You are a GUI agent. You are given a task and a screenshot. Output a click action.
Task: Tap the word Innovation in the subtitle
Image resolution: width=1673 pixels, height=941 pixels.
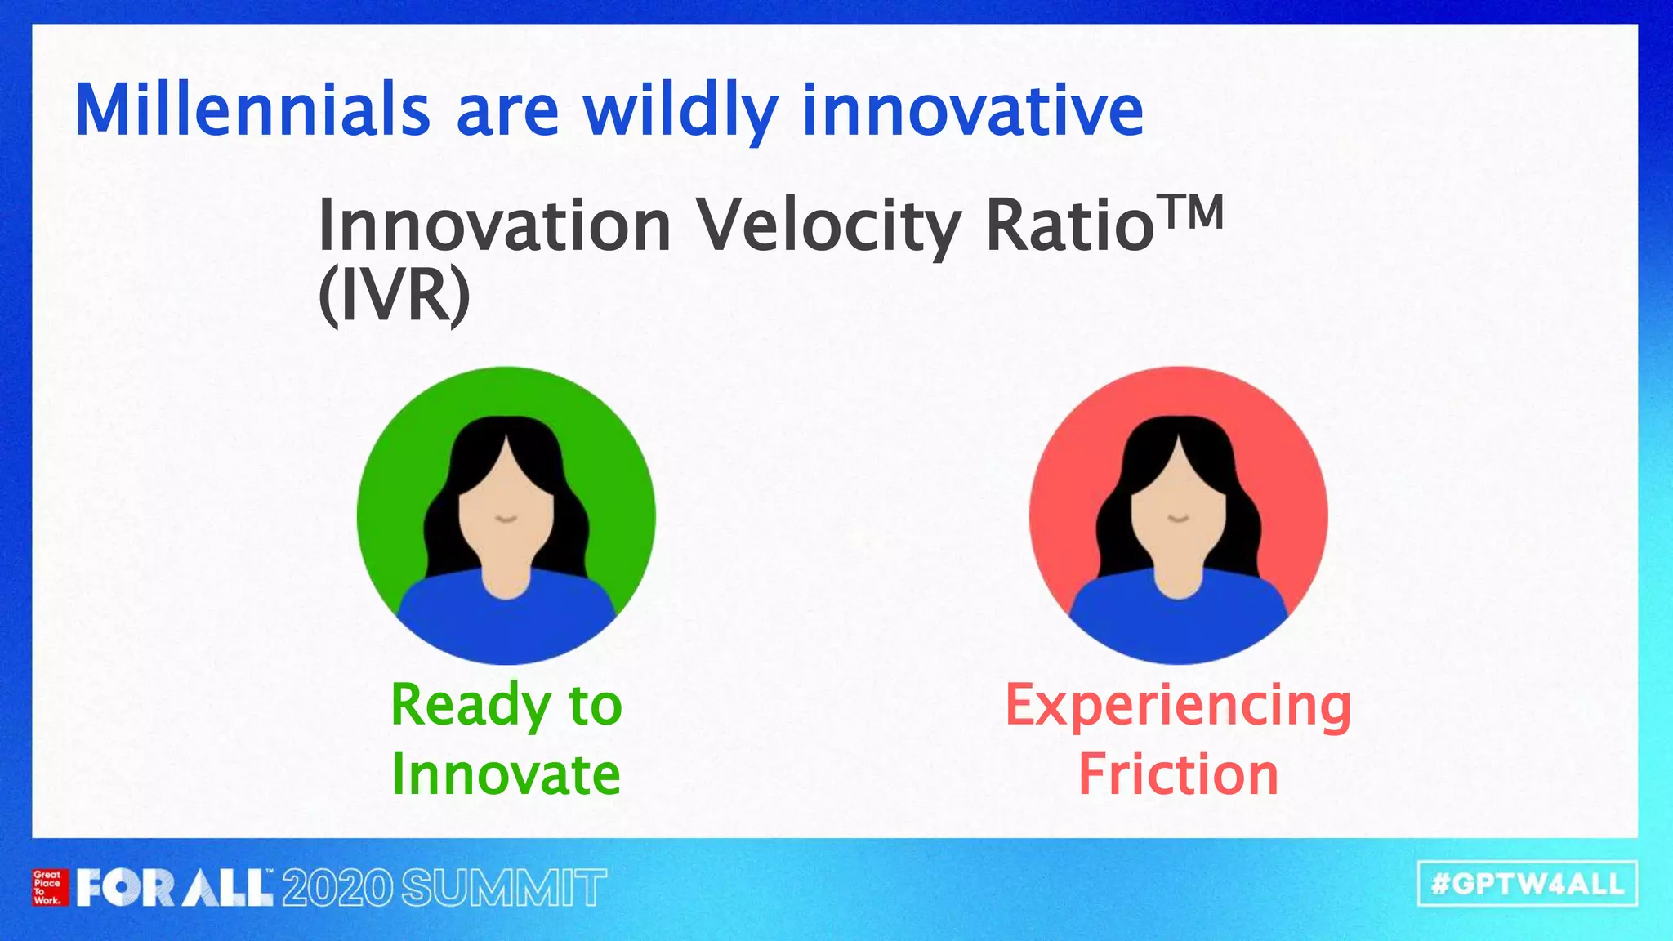493,226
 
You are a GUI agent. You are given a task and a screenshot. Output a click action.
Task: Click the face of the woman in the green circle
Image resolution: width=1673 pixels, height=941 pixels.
506,515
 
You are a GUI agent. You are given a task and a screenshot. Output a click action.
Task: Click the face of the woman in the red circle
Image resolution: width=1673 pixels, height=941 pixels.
1178,515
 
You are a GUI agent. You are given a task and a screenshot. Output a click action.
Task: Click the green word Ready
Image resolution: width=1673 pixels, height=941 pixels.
471,705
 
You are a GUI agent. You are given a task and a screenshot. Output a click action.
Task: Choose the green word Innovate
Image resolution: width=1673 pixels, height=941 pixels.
506,774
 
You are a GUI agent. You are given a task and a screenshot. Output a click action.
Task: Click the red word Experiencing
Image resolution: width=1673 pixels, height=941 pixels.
1178,705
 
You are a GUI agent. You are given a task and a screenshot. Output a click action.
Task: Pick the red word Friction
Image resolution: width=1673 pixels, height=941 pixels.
1178,774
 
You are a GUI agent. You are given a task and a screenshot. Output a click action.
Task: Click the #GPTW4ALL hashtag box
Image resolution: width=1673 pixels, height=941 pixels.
1527,884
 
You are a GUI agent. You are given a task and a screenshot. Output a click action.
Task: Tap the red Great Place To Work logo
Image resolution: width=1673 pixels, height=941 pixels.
49,887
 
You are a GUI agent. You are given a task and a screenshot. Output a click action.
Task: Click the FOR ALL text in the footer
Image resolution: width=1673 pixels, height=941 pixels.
174,888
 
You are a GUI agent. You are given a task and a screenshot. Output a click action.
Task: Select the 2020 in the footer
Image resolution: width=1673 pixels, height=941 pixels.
337,888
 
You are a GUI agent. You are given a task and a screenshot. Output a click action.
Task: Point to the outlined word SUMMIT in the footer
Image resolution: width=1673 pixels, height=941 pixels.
504,888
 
